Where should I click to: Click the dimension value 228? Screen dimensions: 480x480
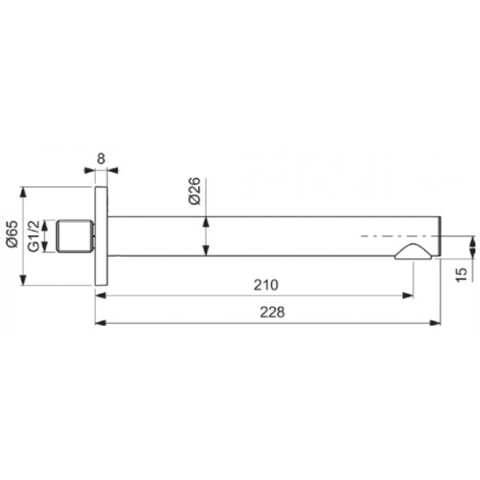point(272,313)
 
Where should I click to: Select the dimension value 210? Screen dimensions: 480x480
point(266,285)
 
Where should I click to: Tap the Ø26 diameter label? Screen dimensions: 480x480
point(194,191)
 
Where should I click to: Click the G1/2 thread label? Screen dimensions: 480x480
point(34,236)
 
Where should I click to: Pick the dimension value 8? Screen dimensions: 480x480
point(101,158)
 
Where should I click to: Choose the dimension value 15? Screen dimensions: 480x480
point(461,274)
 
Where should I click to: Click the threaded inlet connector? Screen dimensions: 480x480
point(75,236)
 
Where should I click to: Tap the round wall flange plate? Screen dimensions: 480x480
point(101,236)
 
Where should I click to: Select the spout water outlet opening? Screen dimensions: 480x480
point(413,252)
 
